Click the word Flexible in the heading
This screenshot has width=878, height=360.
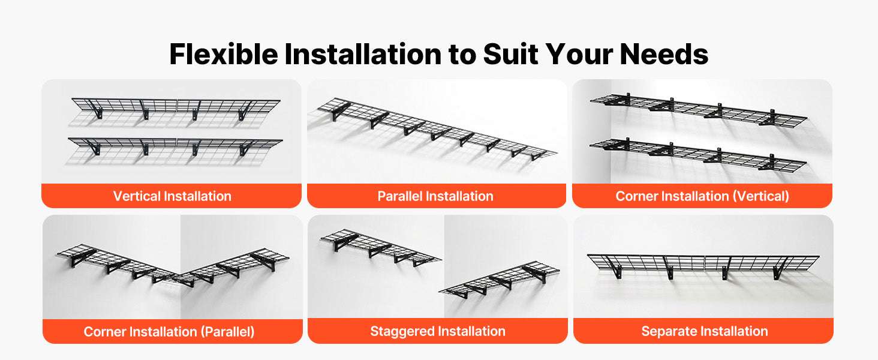point(224,54)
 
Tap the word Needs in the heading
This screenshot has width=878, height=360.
point(664,54)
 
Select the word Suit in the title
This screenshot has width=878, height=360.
point(510,54)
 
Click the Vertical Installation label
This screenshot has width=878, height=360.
point(172,196)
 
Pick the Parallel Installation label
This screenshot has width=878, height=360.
point(435,196)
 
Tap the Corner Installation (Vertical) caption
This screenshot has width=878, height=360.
point(702,196)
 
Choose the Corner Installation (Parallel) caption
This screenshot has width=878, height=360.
point(169,332)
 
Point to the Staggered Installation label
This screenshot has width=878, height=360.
point(437,331)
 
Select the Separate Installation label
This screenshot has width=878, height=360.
point(704,331)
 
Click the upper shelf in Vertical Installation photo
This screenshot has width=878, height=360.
point(176,105)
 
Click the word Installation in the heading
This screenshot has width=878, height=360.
point(363,54)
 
